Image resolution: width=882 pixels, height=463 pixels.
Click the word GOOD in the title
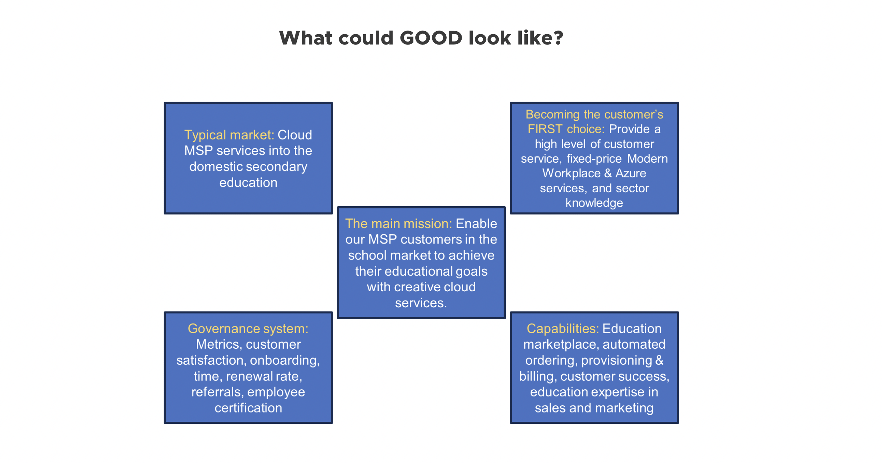(431, 38)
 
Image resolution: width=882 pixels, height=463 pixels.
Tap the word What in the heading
(305, 38)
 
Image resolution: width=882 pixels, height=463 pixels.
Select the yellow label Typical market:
(229, 135)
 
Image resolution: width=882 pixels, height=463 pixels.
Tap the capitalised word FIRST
(545, 129)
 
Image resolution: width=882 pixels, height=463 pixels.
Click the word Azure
(631, 173)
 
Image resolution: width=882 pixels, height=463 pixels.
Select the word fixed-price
(594, 159)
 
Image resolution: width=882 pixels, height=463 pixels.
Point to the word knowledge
(594, 203)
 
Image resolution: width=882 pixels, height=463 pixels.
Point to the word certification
(248, 408)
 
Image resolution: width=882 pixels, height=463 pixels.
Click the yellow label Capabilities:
(563, 329)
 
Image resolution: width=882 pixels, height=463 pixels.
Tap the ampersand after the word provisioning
(659, 360)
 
